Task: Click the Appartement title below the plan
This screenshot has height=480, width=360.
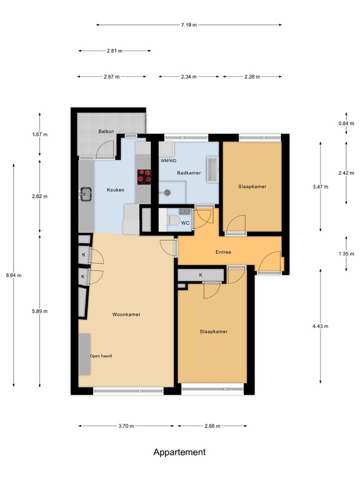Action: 179,452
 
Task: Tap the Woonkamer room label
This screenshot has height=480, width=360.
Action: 126,314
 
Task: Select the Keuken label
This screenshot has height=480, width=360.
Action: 116,190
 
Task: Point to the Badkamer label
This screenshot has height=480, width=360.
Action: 189,173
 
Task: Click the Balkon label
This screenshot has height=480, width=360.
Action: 106,132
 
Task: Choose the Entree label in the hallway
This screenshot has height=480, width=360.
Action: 223,252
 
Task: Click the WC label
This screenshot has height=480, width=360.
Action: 185,222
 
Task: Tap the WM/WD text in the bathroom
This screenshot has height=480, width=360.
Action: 169,161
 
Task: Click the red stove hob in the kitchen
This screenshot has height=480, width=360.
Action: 145,177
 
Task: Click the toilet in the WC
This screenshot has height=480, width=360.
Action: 172,221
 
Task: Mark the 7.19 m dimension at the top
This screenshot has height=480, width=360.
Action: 189,25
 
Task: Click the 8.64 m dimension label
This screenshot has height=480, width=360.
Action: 13,275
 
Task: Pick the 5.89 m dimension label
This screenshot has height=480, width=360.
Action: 41,311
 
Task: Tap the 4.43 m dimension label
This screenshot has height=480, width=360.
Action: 321,326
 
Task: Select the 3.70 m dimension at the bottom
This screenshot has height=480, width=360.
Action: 126,426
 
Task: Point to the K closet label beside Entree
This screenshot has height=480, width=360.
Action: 201,275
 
